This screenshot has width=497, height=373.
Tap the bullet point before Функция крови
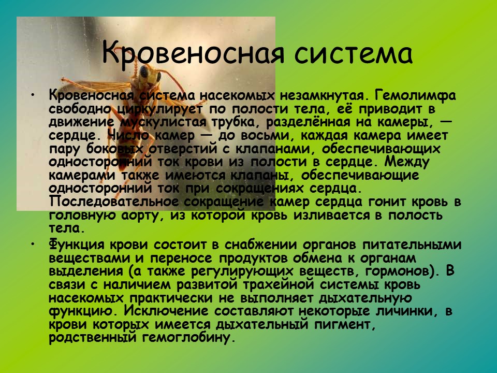pyautogui.click(x=33, y=244)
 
